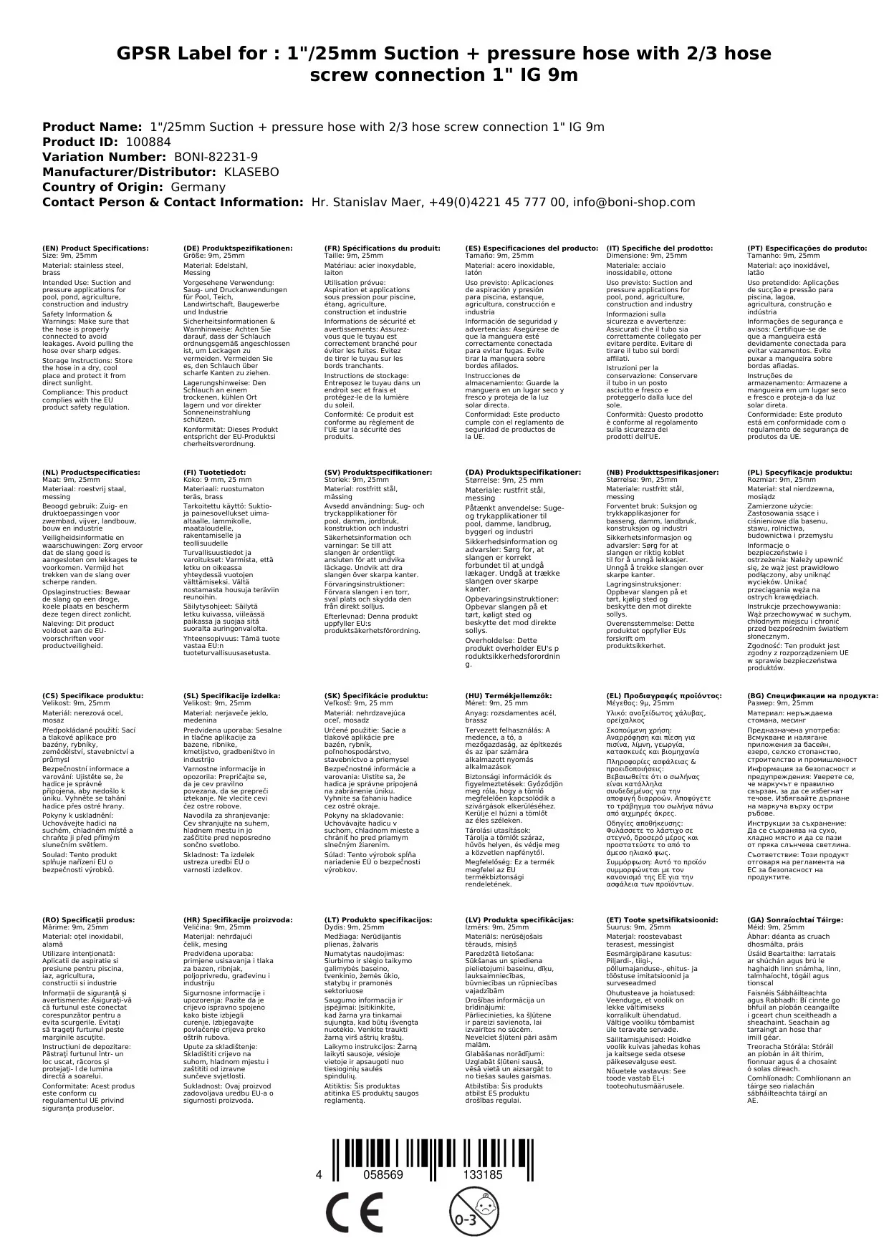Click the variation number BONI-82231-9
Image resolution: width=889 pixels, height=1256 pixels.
click(x=216, y=157)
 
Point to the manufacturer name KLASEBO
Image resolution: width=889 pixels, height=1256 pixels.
click(x=251, y=172)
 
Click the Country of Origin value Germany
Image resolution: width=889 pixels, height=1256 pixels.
click(x=198, y=187)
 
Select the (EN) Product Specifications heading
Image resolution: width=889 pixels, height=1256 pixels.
click(x=95, y=248)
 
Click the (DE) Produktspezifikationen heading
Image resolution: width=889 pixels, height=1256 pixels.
click(x=238, y=248)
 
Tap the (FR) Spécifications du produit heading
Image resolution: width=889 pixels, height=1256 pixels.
click(x=382, y=248)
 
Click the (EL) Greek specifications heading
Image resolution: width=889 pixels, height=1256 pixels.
click(x=663, y=695)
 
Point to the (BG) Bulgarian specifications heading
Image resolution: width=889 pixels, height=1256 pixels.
click(x=812, y=695)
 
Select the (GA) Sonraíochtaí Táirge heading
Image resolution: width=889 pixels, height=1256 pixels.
click(x=795, y=919)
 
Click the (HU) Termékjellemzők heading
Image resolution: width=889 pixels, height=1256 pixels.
click(x=509, y=695)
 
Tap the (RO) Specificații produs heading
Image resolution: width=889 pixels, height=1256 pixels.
click(x=88, y=919)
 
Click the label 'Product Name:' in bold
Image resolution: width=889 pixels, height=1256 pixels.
click(x=92, y=127)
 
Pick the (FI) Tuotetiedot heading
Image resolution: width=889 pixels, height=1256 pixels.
click(x=214, y=473)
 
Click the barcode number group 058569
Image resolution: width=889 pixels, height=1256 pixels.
click(x=383, y=1174)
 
